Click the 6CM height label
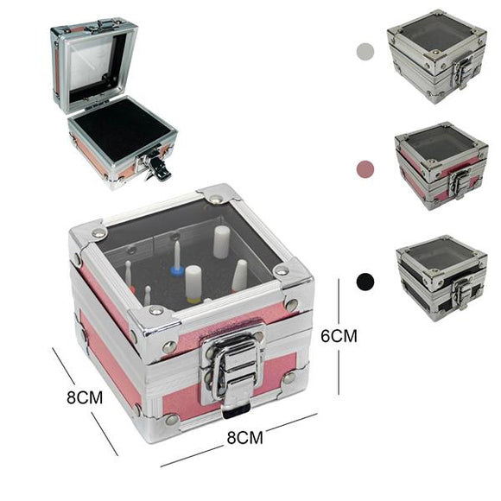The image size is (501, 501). tap(339, 336)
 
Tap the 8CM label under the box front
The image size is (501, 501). tap(244, 437)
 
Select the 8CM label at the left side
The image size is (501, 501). tap(85, 397)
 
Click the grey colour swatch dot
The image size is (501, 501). tap(365, 51)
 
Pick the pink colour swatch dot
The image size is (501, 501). tap(365, 168)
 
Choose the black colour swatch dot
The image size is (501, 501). tap(365, 282)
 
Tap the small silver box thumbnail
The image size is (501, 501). tap(437, 56)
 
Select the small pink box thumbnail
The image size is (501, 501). tap(441, 166)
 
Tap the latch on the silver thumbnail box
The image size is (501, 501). tap(461, 73)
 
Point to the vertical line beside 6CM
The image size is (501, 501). tap(339, 337)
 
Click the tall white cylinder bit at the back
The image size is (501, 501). tap(221, 242)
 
